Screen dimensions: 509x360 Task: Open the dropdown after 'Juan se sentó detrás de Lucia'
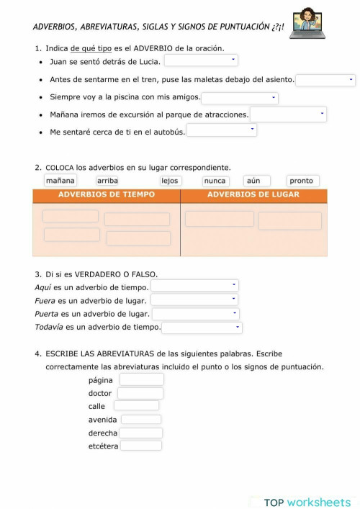pos(201,60)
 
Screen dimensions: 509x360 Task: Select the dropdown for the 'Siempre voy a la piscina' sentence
pos(239,97)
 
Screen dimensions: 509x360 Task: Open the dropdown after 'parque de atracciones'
pos(288,114)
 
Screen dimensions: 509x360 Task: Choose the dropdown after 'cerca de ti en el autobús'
pos(222,130)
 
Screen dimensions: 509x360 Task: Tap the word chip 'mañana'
pos(60,181)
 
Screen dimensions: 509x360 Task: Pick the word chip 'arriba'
pos(107,181)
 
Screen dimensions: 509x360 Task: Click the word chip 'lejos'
pos(170,181)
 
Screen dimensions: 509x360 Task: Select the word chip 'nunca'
pos(215,181)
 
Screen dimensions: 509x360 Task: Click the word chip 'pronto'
pos(302,181)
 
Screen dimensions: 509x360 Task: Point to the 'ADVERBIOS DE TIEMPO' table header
pos(107,195)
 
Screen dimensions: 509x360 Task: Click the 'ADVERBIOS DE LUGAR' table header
pos(253,195)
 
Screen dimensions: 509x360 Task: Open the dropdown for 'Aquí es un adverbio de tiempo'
pos(194,286)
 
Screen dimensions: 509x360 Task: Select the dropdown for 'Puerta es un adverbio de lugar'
pos(195,314)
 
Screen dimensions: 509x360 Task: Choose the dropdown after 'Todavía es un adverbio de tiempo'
pos(202,328)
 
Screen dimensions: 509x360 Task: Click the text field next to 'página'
pos(142,379)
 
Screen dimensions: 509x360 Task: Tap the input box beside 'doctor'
pos(140,393)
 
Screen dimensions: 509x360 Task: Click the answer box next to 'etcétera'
pos(140,446)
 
